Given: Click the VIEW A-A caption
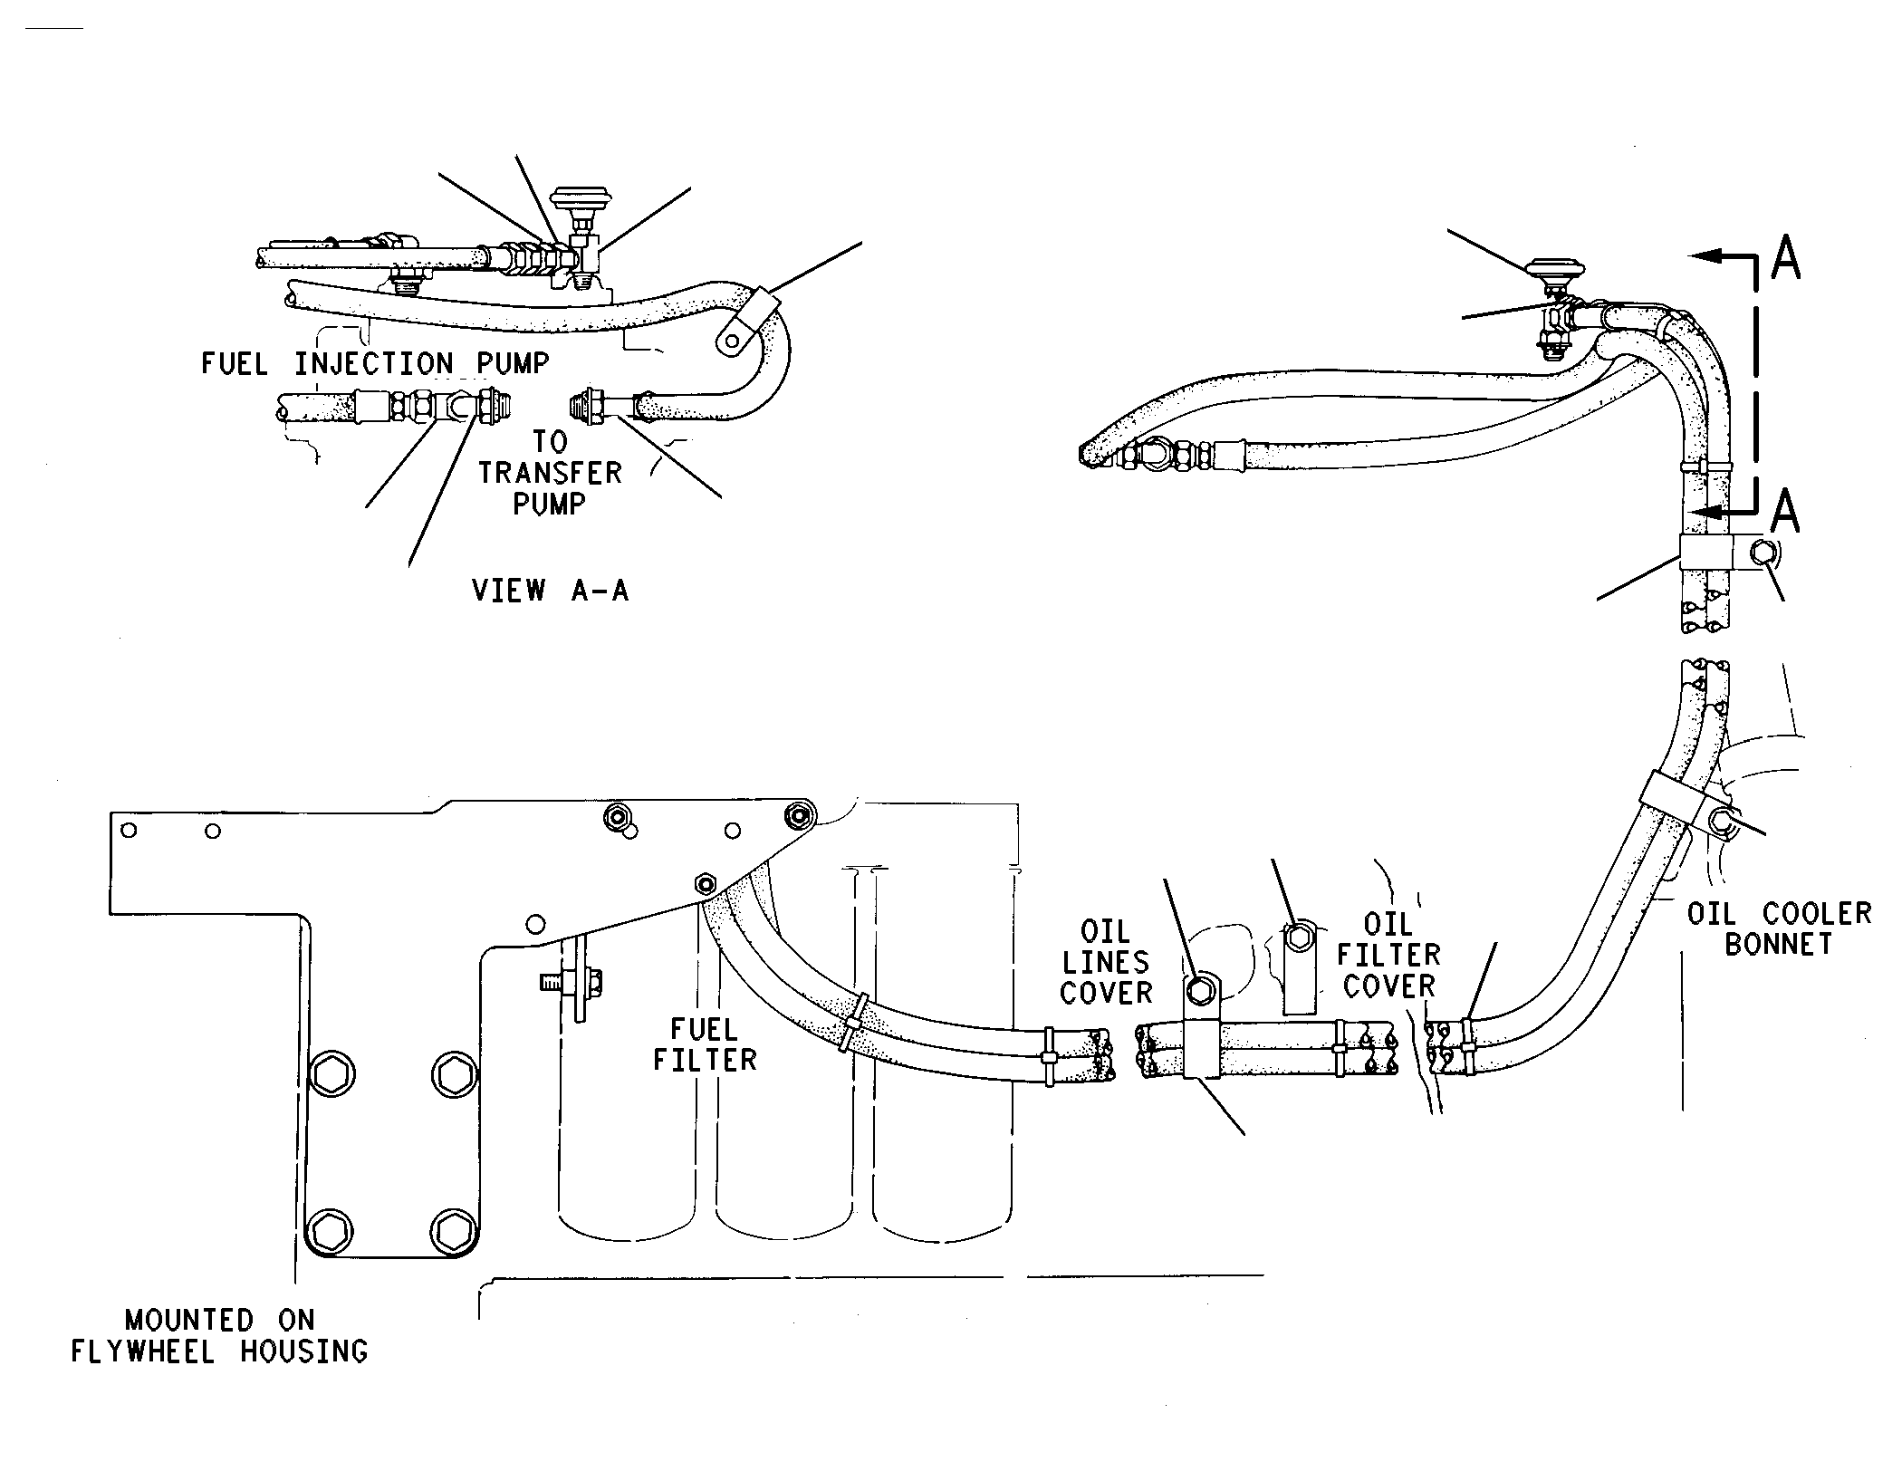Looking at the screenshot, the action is pos(550,591).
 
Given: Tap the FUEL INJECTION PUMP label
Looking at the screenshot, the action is pos(375,364).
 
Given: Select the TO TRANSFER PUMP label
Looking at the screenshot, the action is pos(550,473).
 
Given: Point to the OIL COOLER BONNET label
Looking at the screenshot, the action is pos(1779,928).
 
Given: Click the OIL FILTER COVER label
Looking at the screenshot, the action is pos(1389,956).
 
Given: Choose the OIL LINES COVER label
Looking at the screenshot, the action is pos(1106,963).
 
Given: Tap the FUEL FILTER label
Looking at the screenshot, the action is pos(705,1044).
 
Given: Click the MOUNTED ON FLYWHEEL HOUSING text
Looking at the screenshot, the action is pos(219,1336).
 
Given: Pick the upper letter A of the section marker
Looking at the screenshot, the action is pos(1785,258).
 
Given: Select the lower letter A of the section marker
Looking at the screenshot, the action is pos(1784,511).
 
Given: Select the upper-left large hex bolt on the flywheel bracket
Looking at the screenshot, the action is pos(332,1074).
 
